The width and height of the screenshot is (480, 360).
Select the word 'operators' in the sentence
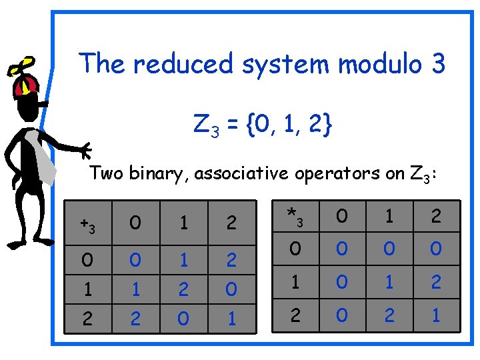pyautogui.click(x=334, y=174)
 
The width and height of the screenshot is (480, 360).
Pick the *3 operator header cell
pyautogui.click(x=294, y=217)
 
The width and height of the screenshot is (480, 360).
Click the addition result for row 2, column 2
pyautogui.click(x=231, y=319)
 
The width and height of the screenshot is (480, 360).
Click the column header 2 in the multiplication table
pyautogui.click(x=436, y=217)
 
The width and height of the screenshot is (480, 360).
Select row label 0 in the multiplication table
pyautogui.click(x=294, y=249)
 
